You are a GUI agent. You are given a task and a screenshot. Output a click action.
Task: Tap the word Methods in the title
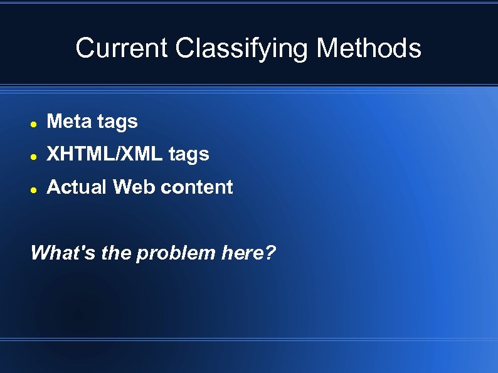pyautogui.click(x=369, y=48)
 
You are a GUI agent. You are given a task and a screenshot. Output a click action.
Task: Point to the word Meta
pyautogui.click(x=69, y=122)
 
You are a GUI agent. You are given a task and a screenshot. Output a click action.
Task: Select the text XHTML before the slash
pyautogui.click(x=78, y=154)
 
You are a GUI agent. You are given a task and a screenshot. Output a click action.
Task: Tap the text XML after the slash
pyautogui.click(x=139, y=154)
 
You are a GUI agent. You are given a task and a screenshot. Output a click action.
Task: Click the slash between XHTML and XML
pyautogui.click(x=113, y=154)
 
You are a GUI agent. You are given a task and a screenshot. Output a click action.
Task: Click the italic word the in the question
pyautogui.click(x=114, y=253)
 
